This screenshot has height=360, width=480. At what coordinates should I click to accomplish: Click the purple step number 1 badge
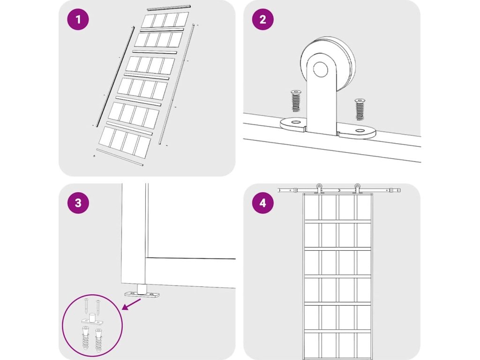(x=78, y=20)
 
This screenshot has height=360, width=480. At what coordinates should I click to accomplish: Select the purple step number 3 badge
(x=78, y=203)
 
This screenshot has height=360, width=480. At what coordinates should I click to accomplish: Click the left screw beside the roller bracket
(x=296, y=100)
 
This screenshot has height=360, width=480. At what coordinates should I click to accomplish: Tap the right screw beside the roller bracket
(x=360, y=109)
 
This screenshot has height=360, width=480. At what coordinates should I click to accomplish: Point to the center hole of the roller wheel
(x=321, y=70)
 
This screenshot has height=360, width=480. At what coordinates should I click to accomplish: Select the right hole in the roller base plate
(x=360, y=131)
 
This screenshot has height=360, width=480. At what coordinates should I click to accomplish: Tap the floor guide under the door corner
(x=142, y=293)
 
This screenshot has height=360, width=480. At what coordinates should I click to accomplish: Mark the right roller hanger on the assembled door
(x=358, y=188)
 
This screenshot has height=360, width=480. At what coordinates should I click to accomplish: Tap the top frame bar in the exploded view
(x=169, y=8)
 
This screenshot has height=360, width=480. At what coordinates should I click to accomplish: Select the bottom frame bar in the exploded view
(x=119, y=157)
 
